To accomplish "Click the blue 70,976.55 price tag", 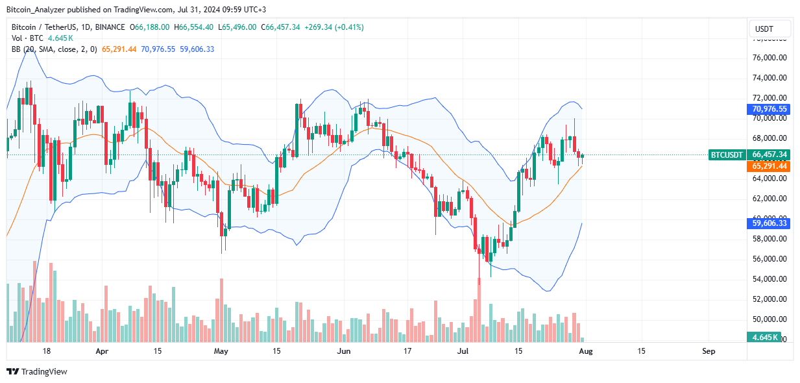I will pos(769,109).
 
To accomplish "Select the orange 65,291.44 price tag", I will pos(769,166).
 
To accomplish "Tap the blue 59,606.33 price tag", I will pos(769,223).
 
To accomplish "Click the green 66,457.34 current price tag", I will pos(769,154).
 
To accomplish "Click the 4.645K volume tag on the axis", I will pos(769,338).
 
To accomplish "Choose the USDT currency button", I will pos(770,29).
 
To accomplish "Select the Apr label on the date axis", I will pos(102,351).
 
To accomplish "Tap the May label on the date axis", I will pos(221,351).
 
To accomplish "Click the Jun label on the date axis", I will pos(343,351).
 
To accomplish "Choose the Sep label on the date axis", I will pos(709,351).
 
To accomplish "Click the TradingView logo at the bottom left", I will pos(37,372).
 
